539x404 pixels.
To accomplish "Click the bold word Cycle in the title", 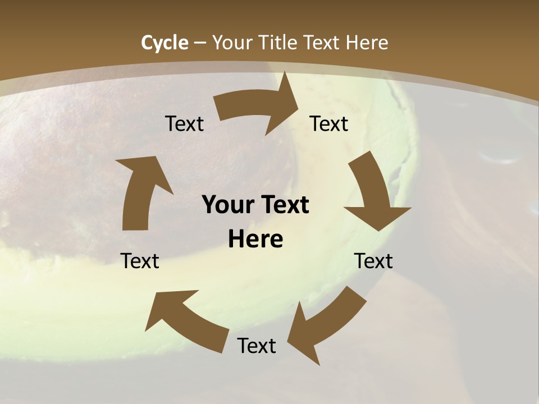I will [x=165, y=43].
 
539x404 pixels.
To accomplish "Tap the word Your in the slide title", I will [x=232, y=43].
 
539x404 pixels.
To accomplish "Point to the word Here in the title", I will [x=366, y=43].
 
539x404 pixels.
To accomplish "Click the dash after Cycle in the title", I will [x=200, y=43].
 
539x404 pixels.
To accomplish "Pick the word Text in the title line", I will [x=323, y=43].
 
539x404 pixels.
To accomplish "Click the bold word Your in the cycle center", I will [x=227, y=205].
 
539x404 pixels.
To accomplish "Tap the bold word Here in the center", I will [x=255, y=239].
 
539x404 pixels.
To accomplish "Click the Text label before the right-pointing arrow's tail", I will [x=184, y=123].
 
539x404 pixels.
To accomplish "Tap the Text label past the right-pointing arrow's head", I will [x=329, y=123].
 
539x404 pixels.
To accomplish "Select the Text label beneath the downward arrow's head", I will [x=373, y=261].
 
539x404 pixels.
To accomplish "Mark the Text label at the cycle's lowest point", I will [x=257, y=346].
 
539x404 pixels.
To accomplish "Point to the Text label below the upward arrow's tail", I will [x=140, y=261].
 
